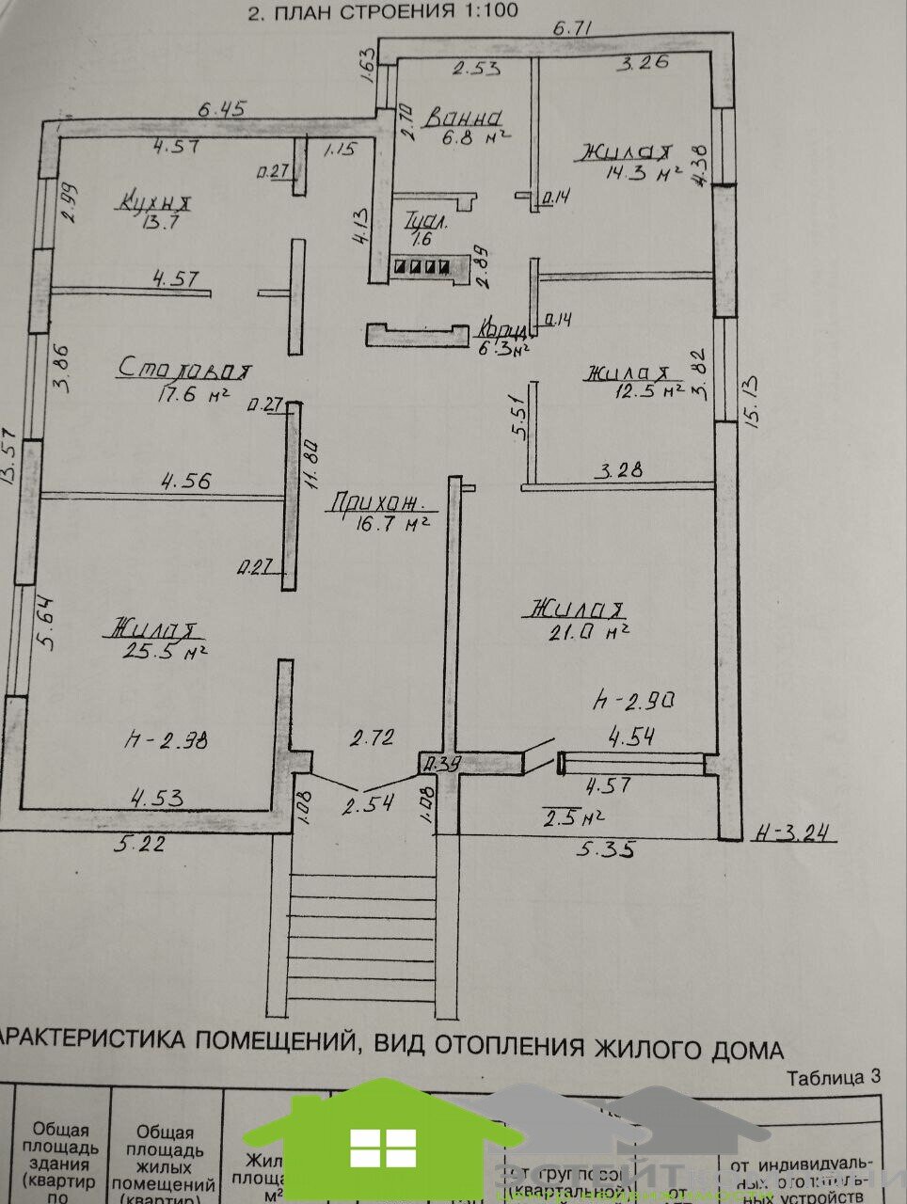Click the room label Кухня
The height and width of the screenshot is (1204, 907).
pos(156,200)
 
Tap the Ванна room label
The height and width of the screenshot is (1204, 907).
pos(463,118)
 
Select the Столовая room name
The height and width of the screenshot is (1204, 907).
pos(185,370)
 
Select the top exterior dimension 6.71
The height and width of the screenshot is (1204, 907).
pos(572,28)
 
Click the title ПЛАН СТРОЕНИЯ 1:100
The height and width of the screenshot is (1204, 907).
pos(381,12)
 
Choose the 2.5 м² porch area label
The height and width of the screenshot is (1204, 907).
pos(573,816)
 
